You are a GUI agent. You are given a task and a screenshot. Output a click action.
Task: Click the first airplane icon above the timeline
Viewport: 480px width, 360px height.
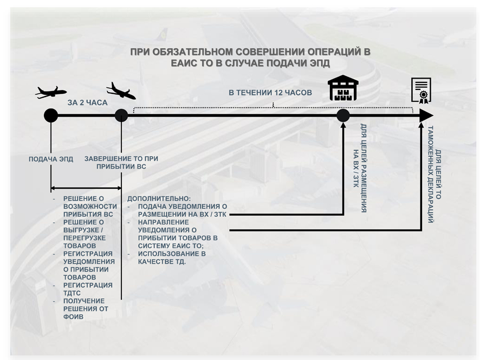[51, 92]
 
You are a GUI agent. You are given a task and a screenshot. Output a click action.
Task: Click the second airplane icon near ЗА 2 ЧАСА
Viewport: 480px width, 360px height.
[121, 91]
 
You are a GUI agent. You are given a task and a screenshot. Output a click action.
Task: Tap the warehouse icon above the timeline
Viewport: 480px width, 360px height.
[343, 89]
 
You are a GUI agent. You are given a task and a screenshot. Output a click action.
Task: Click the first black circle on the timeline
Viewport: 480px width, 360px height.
[51, 115]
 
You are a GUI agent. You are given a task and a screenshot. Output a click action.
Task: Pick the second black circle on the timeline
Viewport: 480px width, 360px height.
[121, 115]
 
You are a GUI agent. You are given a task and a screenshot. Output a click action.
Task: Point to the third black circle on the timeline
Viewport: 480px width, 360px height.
[343, 115]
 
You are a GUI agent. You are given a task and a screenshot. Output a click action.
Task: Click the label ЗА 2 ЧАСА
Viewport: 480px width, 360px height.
[87, 102]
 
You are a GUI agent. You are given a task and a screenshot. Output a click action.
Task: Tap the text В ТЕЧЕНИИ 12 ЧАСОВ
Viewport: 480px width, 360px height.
[270, 93]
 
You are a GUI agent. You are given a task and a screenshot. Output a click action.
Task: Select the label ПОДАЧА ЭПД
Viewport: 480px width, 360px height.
[51, 159]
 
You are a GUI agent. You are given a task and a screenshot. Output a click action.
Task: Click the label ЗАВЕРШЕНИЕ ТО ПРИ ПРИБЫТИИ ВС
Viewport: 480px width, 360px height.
[121, 163]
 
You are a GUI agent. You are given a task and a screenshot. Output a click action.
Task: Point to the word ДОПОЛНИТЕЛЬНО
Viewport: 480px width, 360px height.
[159, 199]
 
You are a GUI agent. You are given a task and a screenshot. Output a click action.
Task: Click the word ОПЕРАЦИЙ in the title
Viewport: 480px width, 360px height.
[329, 52]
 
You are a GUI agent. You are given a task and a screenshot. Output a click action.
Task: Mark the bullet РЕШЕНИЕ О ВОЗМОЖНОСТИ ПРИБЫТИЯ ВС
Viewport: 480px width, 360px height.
[90, 207]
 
